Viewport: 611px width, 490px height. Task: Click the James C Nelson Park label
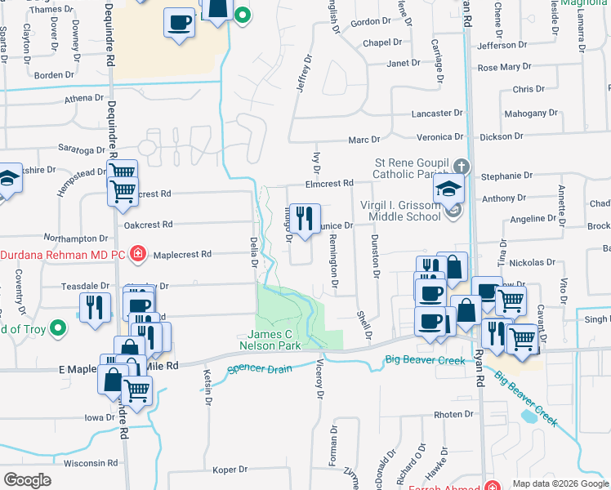click(274, 340)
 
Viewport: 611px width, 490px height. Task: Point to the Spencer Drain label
click(260, 368)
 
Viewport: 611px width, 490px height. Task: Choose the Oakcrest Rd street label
click(148, 224)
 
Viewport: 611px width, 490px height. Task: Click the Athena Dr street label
click(84, 99)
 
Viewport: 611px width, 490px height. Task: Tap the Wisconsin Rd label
click(91, 463)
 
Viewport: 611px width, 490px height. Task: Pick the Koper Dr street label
click(230, 470)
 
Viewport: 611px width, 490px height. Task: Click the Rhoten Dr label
click(453, 415)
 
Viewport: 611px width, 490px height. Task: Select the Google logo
click(27, 479)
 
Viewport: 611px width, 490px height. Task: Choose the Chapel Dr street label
click(383, 42)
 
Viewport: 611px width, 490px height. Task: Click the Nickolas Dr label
click(531, 264)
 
